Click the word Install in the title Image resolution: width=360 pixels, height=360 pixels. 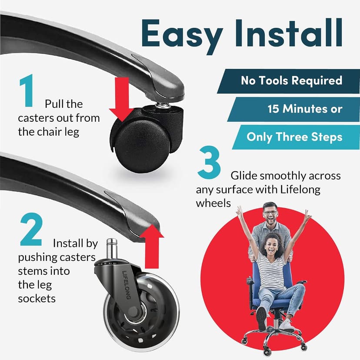click(289, 33)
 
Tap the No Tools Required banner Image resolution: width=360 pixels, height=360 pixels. click(288, 81)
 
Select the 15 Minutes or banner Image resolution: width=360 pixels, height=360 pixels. click(293, 109)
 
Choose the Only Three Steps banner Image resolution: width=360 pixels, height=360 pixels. click(296, 137)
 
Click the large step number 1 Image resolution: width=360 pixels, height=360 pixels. click(27, 90)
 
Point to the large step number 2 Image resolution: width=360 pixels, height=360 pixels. click(31, 230)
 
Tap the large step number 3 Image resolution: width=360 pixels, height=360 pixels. click(209, 162)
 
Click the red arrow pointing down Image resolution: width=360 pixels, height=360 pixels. click(121, 99)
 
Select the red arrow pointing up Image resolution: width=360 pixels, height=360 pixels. click(152, 247)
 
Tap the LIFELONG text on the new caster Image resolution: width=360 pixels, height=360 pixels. click(127, 285)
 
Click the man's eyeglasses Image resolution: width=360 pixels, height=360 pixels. click(270, 213)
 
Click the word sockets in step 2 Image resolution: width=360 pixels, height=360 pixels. click(37, 299)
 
